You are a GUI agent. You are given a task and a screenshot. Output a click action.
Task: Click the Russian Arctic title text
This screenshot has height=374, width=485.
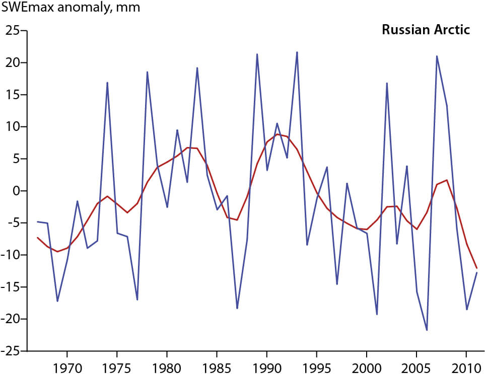tap(426, 30)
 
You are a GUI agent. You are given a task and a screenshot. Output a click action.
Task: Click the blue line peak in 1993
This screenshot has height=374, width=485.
tap(297, 52)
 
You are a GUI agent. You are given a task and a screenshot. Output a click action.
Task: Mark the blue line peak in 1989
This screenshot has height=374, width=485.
tap(257, 54)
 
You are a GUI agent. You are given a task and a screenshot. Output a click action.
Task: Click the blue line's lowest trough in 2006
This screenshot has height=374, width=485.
tap(427, 330)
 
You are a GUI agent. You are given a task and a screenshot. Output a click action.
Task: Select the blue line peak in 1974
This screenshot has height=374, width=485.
tap(107, 83)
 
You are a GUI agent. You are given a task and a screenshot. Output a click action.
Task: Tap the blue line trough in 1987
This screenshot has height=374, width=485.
tap(237, 308)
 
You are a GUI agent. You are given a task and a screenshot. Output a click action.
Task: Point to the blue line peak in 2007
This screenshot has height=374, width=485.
tap(437, 56)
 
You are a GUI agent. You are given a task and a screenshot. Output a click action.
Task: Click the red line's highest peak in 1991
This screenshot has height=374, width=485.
tap(277, 134)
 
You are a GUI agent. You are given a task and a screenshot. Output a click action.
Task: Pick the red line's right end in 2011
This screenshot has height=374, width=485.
tap(476, 268)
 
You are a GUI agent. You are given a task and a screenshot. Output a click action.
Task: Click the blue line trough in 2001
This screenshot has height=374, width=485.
tap(377, 315)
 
